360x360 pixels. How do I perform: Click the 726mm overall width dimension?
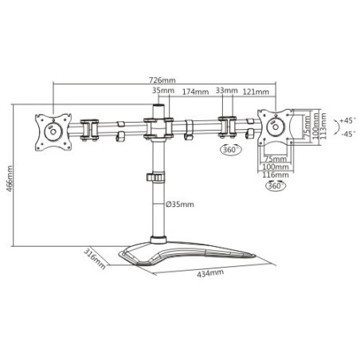click(x=162, y=80)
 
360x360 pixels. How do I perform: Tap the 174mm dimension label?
click(x=195, y=92)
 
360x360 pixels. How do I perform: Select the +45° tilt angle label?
click(x=346, y=120)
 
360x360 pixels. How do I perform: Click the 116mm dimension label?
click(x=276, y=176)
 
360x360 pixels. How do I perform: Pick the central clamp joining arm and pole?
click(x=158, y=127)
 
